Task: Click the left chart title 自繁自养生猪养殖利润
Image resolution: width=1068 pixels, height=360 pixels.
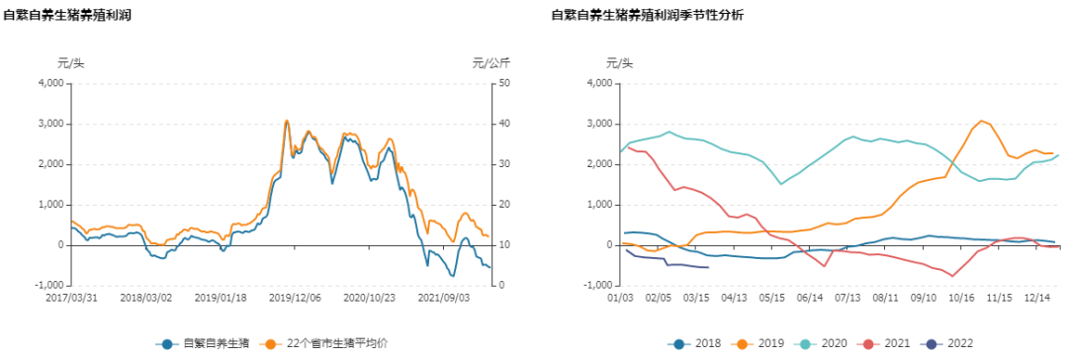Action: (x=67, y=16)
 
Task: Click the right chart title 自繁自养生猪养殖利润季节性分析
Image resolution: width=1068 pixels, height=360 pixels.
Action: (x=648, y=16)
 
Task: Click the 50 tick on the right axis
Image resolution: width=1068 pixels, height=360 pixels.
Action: (x=503, y=83)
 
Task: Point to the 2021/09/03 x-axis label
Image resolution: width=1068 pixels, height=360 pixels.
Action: (x=444, y=296)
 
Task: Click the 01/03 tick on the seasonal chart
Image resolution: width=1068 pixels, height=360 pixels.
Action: (x=619, y=296)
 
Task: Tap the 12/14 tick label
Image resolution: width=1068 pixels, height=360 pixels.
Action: (x=1037, y=296)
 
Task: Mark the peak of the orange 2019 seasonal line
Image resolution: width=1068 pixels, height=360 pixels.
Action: (x=982, y=121)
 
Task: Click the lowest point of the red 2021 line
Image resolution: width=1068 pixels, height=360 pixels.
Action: (x=952, y=276)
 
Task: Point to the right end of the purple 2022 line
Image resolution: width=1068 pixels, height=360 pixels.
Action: (x=708, y=267)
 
